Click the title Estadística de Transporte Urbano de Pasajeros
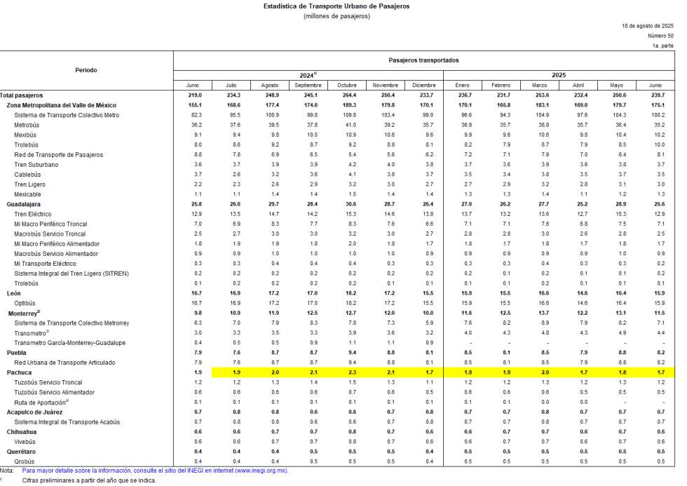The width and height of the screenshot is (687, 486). point(336,6)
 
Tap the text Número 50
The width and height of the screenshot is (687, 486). point(660,36)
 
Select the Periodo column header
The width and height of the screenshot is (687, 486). point(86,70)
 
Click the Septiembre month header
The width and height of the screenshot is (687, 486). point(308,85)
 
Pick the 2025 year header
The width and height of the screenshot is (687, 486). point(558,74)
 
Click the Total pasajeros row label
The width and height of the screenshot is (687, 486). point(22,95)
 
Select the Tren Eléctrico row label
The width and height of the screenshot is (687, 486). point(32,214)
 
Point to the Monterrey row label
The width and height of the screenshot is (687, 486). point(24,313)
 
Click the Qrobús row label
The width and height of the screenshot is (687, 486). point(25,461)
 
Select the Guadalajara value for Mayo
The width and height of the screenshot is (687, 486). point(618,204)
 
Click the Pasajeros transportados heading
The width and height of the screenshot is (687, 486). point(423,60)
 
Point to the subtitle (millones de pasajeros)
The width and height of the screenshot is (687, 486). point(336,16)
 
